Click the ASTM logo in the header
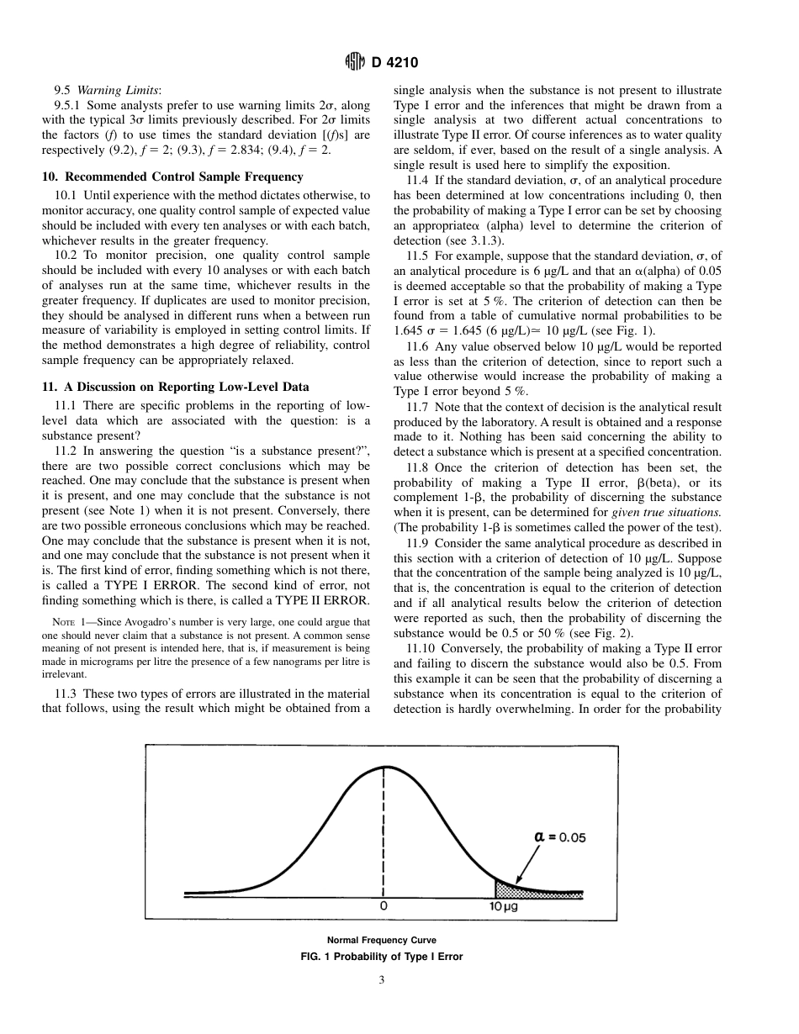click(x=355, y=62)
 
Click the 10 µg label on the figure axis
click(x=504, y=907)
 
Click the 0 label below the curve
click(x=384, y=907)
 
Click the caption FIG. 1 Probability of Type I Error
click(x=382, y=957)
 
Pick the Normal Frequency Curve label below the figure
click(x=382, y=940)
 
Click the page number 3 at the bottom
click(x=382, y=979)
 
